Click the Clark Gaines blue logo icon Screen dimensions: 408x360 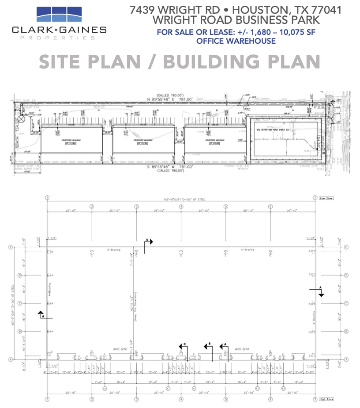pos(58,15)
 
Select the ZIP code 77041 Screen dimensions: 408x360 pos(326,10)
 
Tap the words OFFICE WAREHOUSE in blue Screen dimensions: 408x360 pos(236,41)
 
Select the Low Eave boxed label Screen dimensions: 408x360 pos(327,198)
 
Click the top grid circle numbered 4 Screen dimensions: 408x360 pos(181,206)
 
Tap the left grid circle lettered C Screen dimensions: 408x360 pos(10,303)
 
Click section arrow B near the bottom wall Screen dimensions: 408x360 pos(207,347)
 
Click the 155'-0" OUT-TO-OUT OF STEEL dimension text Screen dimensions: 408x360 pos(181,200)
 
